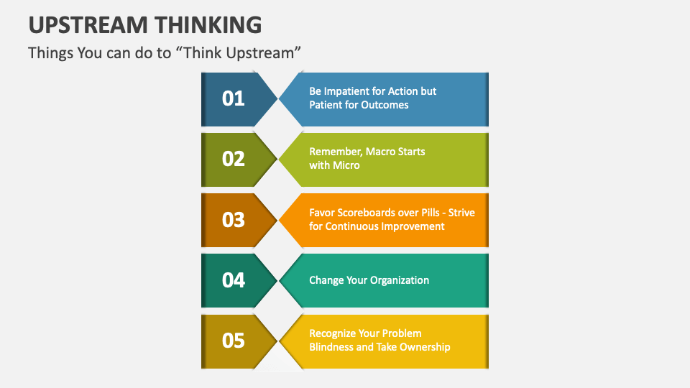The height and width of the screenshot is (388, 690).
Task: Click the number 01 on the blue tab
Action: [234, 98]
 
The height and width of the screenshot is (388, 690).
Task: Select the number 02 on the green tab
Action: [234, 159]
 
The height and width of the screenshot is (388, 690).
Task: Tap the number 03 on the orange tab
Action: [234, 219]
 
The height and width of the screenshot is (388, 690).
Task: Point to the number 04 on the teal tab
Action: [234, 280]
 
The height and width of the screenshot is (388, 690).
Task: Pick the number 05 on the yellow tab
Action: [234, 340]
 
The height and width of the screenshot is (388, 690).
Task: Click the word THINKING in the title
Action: [208, 25]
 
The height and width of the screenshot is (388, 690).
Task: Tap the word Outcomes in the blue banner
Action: [385, 105]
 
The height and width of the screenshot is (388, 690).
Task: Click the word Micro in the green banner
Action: [346, 165]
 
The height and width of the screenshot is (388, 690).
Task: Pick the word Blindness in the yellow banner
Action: [332, 347]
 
